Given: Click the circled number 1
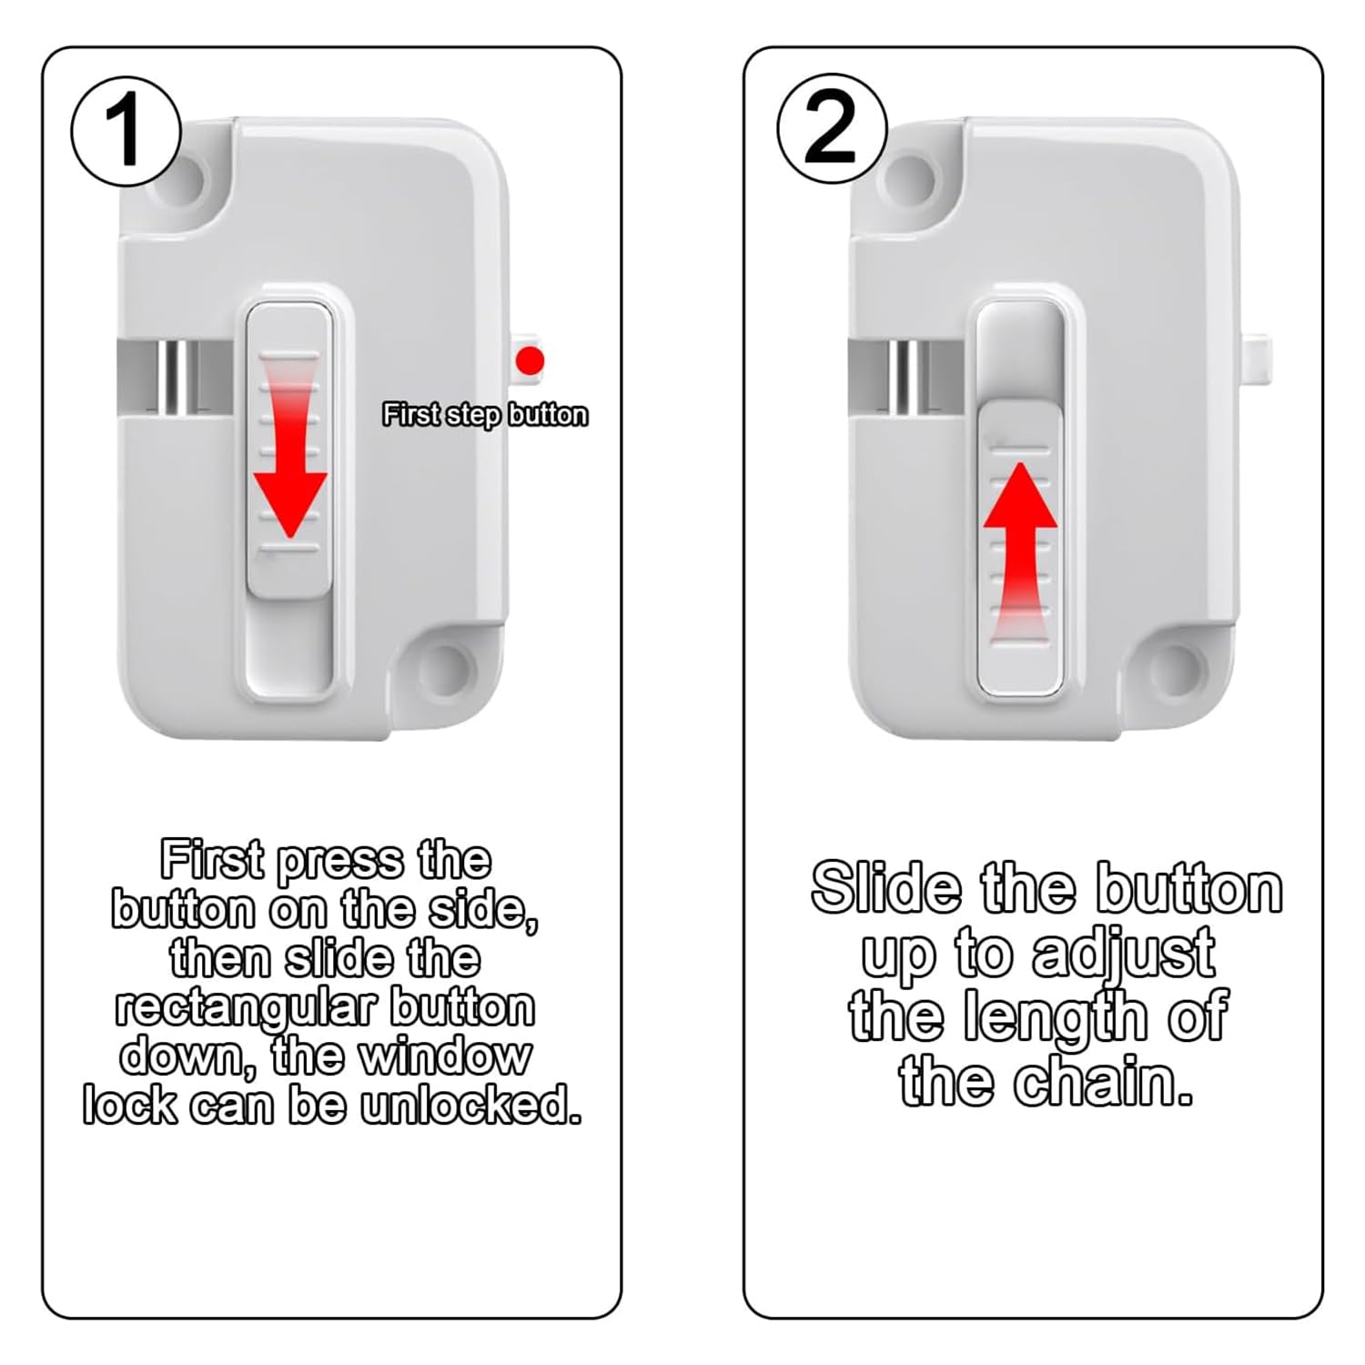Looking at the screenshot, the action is click(126, 132).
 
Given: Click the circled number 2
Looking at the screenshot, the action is click(832, 129).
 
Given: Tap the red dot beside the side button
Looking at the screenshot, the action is click(530, 360).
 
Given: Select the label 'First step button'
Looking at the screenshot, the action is click(485, 415).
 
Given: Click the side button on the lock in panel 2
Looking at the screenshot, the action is click(1258, 361).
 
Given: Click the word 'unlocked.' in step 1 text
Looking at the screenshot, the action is click(470, 1106).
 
